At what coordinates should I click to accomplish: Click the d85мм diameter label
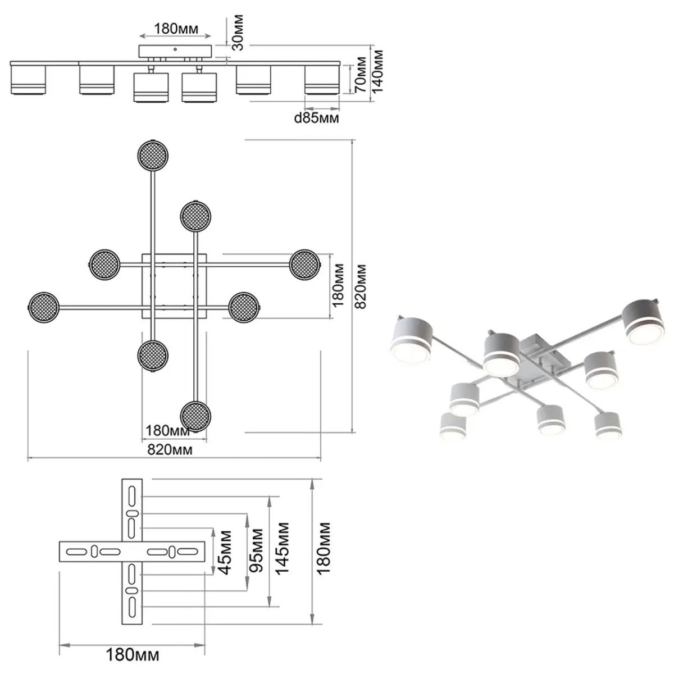click(x=316, y=118)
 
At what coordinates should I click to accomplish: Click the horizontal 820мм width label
click(x=170, y=449)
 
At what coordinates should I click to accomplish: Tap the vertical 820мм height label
click(x=360, y=286)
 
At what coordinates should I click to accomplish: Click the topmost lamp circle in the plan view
click(x=153, y=156)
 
